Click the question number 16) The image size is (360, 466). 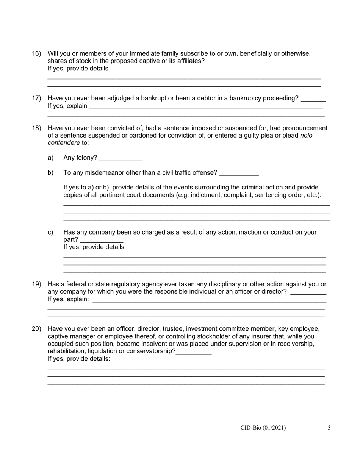(36, 54)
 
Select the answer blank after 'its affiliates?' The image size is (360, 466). (234, 62)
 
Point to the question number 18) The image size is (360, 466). (36, 128)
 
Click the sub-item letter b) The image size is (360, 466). (51, 173)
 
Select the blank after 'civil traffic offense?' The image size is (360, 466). (239, 173)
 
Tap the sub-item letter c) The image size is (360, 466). (50, 232)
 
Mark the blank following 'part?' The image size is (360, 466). (102, 240)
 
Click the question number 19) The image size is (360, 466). (36, 285)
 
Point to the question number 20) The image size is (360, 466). (36, 329)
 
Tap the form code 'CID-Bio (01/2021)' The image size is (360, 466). (263, 428)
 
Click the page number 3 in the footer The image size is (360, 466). (329, 428)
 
